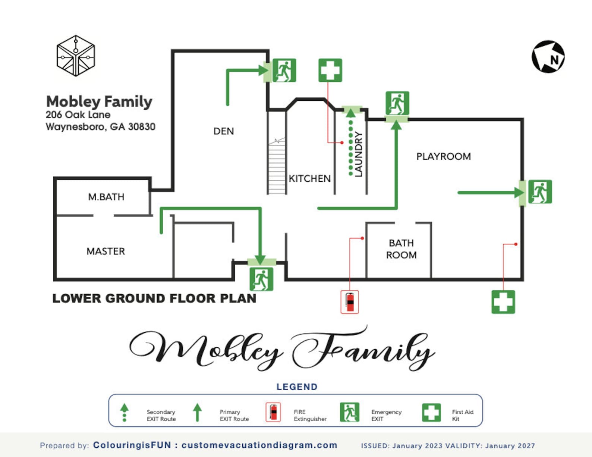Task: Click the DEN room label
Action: (224, 131)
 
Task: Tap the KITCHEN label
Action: (310, 179)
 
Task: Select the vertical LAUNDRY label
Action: (358, 154)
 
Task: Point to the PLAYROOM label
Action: (443, 156)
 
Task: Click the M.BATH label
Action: (106, 197)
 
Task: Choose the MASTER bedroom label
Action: (106, 251)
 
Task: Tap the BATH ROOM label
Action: (401, 249)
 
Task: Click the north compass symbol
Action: (548, 57)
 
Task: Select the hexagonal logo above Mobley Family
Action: (76, 56)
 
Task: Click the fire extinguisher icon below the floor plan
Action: (350, 302)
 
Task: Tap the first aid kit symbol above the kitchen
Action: (330, 70)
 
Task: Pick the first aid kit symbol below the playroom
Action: (503, 302)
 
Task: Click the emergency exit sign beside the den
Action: (284, 70)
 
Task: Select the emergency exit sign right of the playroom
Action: (540, 192)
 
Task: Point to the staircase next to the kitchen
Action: (277, 166)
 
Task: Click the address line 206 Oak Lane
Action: (78, 115)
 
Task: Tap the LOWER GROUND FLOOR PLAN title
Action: (154, 298)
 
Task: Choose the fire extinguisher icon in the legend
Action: (273, 412)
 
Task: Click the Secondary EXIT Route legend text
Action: (161, 415)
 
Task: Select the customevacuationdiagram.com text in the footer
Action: (259, 445)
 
